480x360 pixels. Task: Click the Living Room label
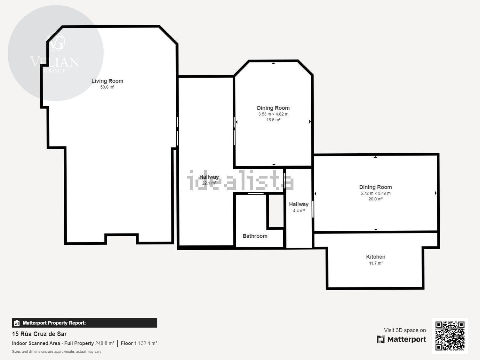click(x=107, y=81)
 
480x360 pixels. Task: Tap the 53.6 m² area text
click(x=107, y=87)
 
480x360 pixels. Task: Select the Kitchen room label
click(x=376, y=257)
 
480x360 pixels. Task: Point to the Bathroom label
click(x=255, y=236)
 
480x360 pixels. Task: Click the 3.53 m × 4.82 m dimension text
click(x=273, y=114)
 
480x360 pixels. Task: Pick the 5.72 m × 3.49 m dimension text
click(x=375, y=193)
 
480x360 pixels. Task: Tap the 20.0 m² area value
click(x=375, y=199)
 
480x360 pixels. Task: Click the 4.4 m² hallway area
click(x=299, y=211)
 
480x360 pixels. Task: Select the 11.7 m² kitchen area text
click(x=376, y=263)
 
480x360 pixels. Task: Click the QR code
click(x=450, y=336)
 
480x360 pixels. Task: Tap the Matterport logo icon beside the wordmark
click(x=381, y=339)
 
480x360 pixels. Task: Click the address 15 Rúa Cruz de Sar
click(x=39, y=334)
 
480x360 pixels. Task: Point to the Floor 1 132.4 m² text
click(x=139, y=343)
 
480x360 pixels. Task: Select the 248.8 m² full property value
click(x=105, y=343)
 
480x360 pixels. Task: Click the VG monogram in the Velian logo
click(x=56, y=42)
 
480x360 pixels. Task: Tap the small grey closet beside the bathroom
click(x=276, y=211)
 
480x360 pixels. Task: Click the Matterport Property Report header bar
click(x=84, y=323)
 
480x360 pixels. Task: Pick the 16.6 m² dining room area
click(x=273, y=120)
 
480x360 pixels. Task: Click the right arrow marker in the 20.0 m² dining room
click(x=436, y=193)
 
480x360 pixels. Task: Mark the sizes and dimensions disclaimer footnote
click(x=56, y=351)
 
